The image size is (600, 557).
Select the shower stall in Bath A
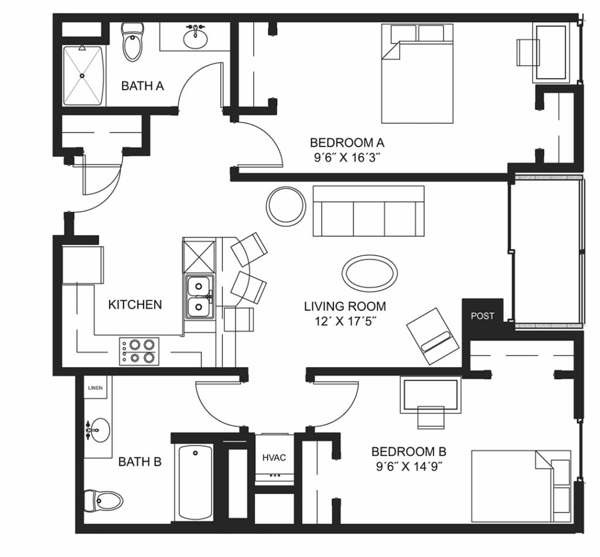point(83,76)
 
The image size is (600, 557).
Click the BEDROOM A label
point(347,143)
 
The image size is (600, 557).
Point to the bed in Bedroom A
point(417,73)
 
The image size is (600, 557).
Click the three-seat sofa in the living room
point(369,211)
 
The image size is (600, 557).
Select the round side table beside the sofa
point(286,206)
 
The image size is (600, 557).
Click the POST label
point(483,316)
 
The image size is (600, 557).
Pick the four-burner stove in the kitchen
point(139,351)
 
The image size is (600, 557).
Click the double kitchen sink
point(199,297)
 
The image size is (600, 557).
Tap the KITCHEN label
point(135,305)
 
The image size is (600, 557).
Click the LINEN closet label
point(96,388)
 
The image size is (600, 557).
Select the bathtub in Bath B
point(195,483)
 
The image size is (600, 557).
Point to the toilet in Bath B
point(103,500)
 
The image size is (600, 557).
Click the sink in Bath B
point(98,430)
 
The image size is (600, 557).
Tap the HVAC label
point(274,457)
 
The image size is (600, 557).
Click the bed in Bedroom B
point(521,486)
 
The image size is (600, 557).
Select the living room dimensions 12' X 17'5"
point(345,321)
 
